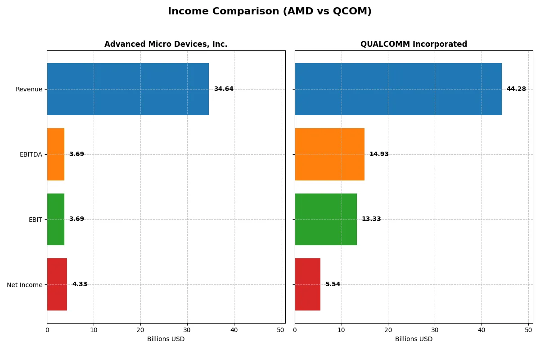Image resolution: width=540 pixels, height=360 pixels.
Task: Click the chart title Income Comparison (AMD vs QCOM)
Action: tap(270, 12)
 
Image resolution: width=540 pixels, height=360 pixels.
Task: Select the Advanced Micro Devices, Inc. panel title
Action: tap(166, 44)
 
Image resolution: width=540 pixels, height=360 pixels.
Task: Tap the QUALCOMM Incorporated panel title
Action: tap(414, 44)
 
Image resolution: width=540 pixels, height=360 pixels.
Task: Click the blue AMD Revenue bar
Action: tap(128, 89)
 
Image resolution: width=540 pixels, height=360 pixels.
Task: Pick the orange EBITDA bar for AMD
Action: tap(56, 154)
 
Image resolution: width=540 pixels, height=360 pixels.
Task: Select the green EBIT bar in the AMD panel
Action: tap(56, 219)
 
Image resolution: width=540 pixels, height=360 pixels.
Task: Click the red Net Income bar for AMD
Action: tap(57, 284)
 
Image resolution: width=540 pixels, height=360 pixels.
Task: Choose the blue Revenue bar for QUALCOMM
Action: tap(398, 89)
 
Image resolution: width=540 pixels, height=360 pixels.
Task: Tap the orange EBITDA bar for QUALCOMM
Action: tap(329, 154)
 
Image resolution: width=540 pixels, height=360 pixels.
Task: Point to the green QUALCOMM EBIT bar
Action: tap(326, 219)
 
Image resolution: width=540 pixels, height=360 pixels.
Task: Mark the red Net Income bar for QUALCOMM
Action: tap(308, 284)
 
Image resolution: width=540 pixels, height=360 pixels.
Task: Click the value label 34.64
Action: tap(224, 89)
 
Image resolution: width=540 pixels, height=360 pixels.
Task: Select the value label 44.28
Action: tap(516, 89)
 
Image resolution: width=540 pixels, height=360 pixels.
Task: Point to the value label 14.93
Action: tap(379, 154)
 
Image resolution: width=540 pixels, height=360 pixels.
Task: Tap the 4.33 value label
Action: tap(80, 284)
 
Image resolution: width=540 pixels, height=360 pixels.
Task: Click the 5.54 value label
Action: tap(333, 284)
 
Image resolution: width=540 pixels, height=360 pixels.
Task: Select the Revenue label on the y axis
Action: tap(29, 90)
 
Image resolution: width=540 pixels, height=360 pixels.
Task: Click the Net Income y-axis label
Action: tap(25, 285)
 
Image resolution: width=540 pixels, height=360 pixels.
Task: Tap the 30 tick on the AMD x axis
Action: tap(187, 329)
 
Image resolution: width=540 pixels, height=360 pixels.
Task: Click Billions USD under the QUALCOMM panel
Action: tap(414, 339)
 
